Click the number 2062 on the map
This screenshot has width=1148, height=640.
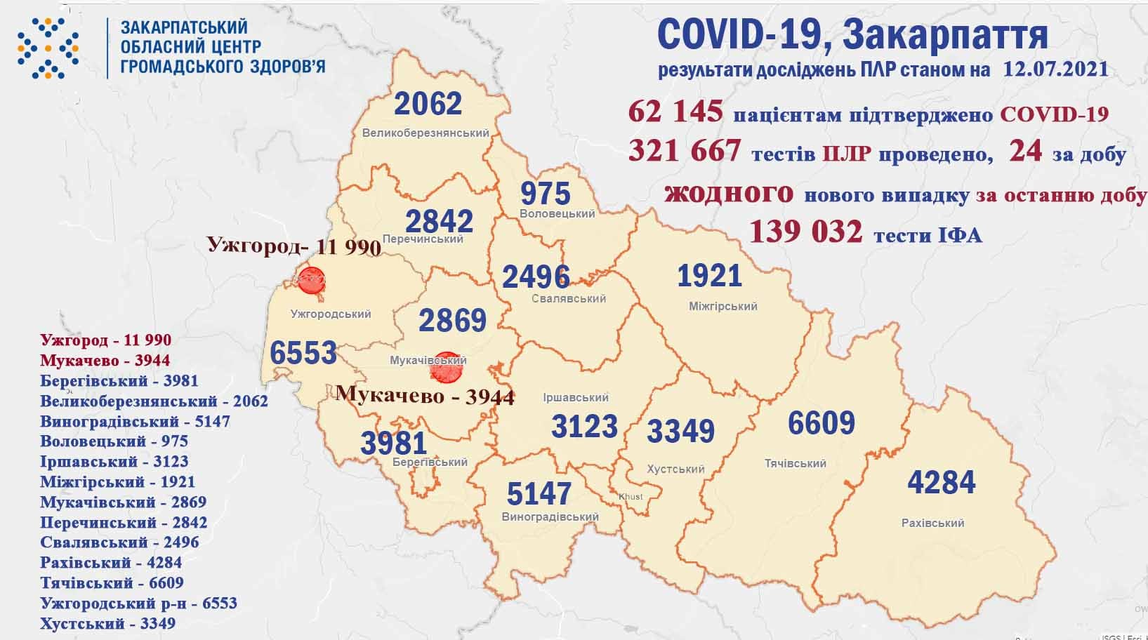click(x=428, y=105)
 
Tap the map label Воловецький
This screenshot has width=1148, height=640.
click(x=557, y=213)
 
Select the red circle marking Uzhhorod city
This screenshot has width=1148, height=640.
click(x=311, y=281)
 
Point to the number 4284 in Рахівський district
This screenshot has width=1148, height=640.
click(x=941, y=483)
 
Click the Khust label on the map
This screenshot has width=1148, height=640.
click(x=631, y=497)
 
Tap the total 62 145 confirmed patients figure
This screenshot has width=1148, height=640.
click(x=675, y=112)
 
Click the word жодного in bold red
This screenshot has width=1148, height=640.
click(x=729, y=193)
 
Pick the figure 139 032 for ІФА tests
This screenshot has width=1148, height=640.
click(x=805, y=231)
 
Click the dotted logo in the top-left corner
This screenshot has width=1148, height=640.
click(x=48, y=47)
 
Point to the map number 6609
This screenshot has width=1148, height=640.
click(x=821, y=423)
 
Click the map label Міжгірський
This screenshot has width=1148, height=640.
click(x=723, y=307)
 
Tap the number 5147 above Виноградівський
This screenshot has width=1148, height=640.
click(x=539, y=494)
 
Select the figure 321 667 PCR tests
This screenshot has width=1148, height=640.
click(x=685, y=151)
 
